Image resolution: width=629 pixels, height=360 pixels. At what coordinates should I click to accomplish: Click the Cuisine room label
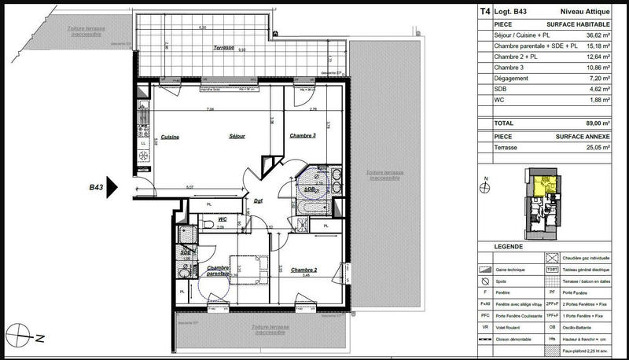click(x=170, y=138)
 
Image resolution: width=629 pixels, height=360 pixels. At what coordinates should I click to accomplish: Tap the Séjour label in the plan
click(x=237, y=138)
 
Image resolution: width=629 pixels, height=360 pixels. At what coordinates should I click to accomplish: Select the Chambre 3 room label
click(x=303, y=135)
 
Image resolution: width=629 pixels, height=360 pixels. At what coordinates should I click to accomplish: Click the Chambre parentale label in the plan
click(x=218, y=270)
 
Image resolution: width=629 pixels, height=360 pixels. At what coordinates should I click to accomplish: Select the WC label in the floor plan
click(x=223, y=219)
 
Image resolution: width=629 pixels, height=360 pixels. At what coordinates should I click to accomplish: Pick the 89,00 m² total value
click(x=594, y=123)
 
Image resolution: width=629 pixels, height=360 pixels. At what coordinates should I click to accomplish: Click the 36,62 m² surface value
click(x=594, y=35)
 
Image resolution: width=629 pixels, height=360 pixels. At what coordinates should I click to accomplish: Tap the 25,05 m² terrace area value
click(x=594, y=147)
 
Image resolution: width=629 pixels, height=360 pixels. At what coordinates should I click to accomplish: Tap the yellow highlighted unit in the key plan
click(x=543, y=186)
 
